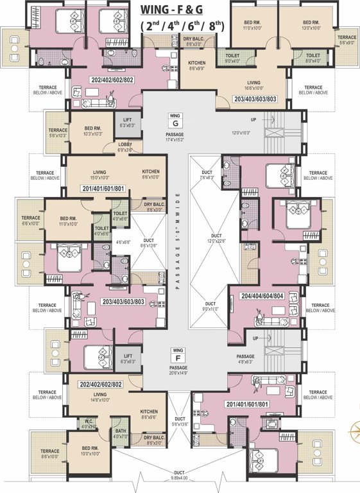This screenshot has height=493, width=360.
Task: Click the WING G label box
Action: [x=173, y=119]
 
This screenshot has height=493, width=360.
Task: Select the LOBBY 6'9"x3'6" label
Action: [x=125, y=148]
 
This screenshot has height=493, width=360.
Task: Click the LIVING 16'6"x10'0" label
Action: [x=256, y=86]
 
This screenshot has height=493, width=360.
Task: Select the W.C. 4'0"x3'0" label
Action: [x=89, y=424]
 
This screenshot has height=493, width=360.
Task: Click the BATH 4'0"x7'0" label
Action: [x=120, y=434]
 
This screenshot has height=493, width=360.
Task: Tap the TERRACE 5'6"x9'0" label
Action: [x=347, y=40]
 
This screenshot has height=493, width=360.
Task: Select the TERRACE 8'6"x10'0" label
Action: [x=50, y=454]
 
